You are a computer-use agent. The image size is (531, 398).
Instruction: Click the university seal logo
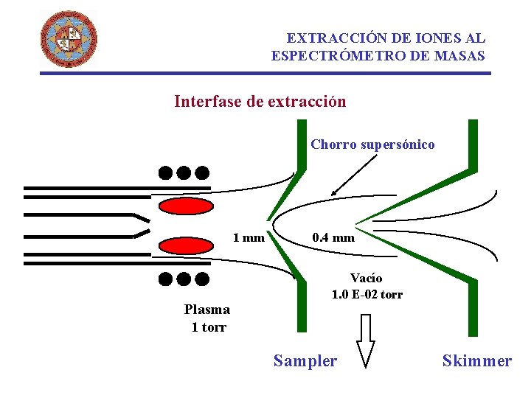pos(69,38)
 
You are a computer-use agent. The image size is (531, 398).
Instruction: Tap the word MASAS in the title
pos(464,55)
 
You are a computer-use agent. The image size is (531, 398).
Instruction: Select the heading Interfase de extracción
pos(260,102)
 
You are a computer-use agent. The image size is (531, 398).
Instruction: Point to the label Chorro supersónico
pos(372,144)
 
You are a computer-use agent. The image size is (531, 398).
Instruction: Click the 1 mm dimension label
pos(249,237)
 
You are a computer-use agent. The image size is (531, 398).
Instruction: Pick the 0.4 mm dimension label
pos(333,237)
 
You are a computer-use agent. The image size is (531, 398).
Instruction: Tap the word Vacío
pos(367,278)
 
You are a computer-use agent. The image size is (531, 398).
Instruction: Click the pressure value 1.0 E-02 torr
pos(367,295)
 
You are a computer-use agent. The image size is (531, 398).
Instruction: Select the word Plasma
pos(207,310)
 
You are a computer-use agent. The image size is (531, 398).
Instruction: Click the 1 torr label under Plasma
pos(209,327)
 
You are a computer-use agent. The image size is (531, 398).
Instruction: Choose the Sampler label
pos(305,360)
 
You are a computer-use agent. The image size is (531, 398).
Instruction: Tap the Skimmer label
pos(476,360)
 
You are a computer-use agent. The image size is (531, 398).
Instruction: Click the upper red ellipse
pos(181,206)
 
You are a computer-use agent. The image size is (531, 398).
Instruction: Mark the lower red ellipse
pos(181,245)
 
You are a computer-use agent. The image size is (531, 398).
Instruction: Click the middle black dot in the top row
pos(184,173)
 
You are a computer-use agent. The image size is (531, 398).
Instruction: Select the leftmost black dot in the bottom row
pos(165,279)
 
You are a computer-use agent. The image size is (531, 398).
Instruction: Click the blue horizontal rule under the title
pos(265,73)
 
